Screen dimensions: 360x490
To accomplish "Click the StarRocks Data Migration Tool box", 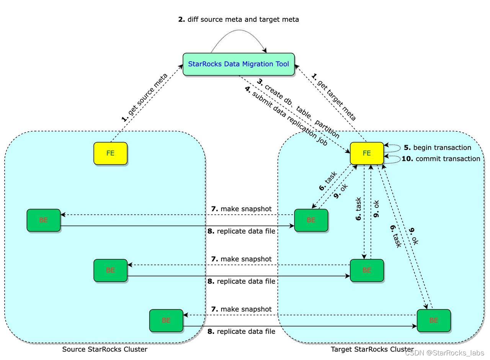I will pos(238,64).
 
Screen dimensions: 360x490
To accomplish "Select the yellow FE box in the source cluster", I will pos(110,153).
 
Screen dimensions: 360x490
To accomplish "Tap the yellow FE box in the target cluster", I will pos(367,153).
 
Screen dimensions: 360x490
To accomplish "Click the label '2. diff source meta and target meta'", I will pos(238,19).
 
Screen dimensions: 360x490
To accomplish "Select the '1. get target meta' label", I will pos(333,97).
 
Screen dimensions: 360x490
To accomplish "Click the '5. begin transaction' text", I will pos(437,147).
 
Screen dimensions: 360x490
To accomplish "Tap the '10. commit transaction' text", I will pos(441,159).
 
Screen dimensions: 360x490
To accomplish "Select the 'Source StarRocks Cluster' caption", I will pos(105,349).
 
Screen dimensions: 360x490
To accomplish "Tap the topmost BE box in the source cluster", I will pos(43,220).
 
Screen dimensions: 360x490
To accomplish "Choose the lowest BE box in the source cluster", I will pos(166,321).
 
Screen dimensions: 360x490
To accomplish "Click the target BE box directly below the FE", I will pos(367,270).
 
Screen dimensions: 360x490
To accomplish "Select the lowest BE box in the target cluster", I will pos(433,321).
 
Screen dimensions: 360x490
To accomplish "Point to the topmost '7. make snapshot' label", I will pos(241,209).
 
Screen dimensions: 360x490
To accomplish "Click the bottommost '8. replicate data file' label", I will pos(241,331).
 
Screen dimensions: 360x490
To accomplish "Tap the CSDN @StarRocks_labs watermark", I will pos(444,353).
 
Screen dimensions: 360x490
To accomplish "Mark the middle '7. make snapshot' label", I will pos(241,259).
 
